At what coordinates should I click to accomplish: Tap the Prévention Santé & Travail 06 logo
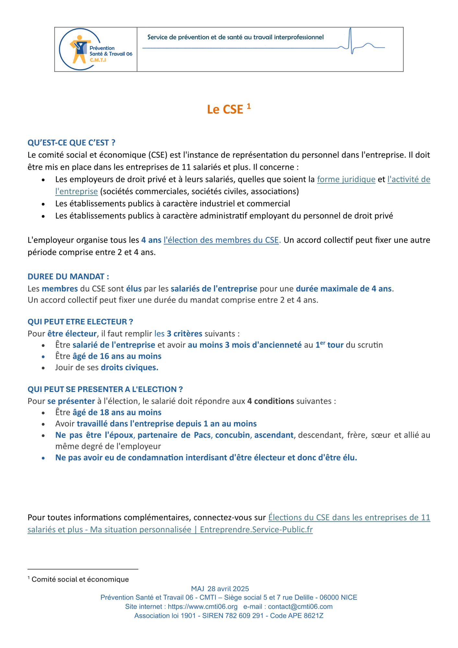96,49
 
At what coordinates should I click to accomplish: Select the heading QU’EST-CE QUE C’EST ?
71,143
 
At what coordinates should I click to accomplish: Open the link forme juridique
346,179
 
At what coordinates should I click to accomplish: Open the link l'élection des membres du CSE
221,240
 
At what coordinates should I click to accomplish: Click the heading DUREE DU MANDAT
68,277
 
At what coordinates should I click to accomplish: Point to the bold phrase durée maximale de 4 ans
344,289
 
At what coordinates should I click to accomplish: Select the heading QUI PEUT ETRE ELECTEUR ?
80,322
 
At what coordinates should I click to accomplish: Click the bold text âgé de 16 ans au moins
117,356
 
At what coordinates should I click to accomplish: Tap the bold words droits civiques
129,368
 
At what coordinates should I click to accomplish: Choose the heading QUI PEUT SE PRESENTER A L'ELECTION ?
105,389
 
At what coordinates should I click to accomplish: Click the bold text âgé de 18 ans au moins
117,412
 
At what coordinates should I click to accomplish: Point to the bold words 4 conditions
270,401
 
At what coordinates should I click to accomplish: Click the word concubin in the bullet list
232,435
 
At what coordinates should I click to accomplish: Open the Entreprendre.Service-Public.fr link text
256,530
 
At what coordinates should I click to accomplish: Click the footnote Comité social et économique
80,579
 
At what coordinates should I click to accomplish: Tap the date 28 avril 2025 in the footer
228,589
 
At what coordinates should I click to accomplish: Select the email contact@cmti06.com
300,607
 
